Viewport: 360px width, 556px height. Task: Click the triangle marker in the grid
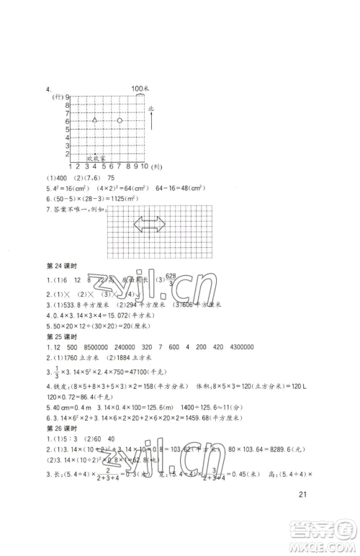94,120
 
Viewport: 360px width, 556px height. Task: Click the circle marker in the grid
120,120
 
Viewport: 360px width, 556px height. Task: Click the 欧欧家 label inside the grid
96,156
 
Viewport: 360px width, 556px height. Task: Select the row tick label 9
66,97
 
